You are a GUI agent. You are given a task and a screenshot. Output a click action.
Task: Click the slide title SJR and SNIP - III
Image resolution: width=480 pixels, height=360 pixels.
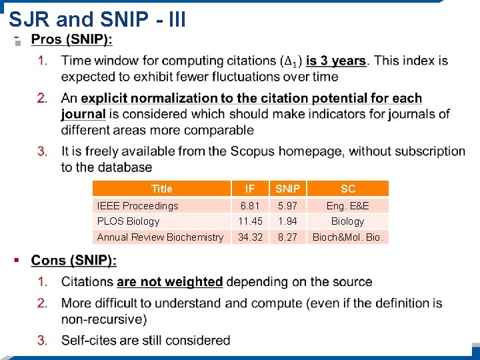click(x=97, y=19)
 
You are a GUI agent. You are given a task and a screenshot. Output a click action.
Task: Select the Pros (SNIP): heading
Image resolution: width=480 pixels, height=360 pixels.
click(x=72, y=40)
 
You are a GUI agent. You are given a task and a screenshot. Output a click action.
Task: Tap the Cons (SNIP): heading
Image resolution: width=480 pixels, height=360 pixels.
click(x=73, y=260)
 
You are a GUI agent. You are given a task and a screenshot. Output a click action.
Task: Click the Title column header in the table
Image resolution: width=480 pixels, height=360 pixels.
click(x=161, y=189)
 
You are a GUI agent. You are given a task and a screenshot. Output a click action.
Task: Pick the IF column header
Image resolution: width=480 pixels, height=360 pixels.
click(x=250, y=189)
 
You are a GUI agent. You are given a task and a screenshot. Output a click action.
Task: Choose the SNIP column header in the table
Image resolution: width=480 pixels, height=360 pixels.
click(x=288, y=189)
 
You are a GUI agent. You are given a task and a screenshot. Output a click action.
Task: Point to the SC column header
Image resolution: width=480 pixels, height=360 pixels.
click(x=348, y=189)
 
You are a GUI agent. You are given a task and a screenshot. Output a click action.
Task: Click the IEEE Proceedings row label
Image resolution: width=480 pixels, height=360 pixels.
click(x=138, y=205)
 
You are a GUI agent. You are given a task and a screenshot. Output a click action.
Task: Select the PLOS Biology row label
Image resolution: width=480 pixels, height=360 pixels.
click(x=129, y=221)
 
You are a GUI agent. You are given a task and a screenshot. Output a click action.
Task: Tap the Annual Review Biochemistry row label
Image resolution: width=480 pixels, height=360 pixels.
click(x=160, y=237)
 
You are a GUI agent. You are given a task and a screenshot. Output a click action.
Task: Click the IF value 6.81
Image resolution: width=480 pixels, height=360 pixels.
click(x=250, y=205)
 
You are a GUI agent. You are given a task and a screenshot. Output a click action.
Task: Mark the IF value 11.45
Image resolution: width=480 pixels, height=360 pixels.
click(x=250, y=221)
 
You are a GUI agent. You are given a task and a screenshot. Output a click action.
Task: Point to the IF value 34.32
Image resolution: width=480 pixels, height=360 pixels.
click(x=250, y=237)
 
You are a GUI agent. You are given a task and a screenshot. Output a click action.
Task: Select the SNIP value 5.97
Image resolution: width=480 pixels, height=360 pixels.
click(x=288, y=205)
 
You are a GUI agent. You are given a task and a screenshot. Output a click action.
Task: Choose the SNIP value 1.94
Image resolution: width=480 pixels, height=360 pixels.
click(x=288, y=221)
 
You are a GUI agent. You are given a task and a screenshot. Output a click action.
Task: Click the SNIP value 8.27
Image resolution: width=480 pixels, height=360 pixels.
click(x=288, y=237)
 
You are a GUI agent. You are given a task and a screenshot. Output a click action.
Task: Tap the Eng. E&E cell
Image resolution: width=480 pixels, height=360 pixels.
click(x=348, y=205)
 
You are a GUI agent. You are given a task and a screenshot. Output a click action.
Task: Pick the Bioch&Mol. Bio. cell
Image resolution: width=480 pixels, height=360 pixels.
click(x=348, y=237)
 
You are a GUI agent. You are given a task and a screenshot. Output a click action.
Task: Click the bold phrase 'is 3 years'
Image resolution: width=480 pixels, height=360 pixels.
click(x=336, y=61)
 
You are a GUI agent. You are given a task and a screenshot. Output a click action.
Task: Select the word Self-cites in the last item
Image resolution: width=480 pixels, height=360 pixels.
click(x=88, y=340)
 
